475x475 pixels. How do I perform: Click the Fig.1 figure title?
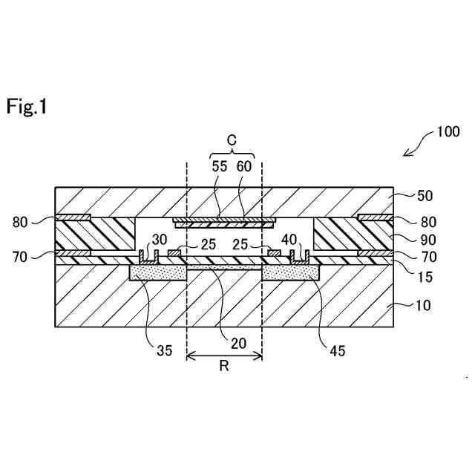(27, 107)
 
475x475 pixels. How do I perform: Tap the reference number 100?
(448, 133)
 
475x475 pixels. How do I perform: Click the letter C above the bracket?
(231, 140)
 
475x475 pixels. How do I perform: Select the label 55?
(220, 166)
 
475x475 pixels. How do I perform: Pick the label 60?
(244, 166)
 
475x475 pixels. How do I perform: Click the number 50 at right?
(425, 197)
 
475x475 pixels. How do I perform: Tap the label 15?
(425, 277)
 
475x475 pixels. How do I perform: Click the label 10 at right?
(425, 305)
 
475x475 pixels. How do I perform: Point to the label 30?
(160, 240)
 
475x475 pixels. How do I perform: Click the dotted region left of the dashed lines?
(157, 273)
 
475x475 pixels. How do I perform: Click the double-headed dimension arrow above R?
(224, 356)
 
